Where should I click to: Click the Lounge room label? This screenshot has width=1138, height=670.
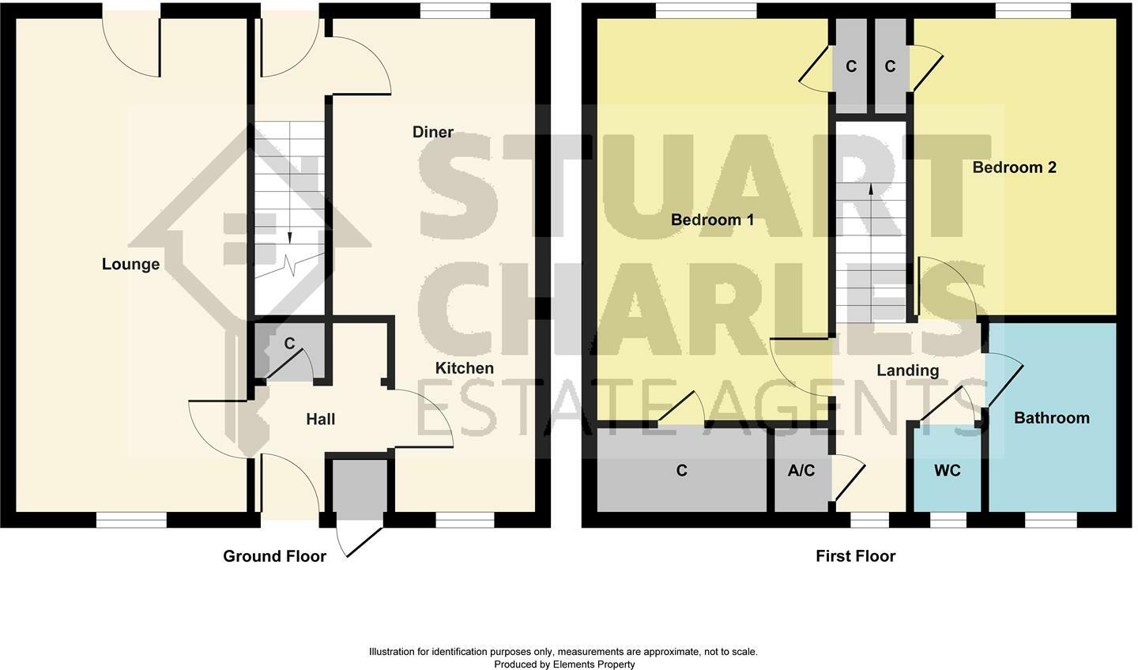[130, 264]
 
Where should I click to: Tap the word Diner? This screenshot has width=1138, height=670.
[433, 132]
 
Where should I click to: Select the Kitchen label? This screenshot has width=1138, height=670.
[465, 368]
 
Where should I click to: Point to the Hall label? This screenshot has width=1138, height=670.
[320, 420]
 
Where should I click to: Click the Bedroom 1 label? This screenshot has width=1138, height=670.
[712, 220]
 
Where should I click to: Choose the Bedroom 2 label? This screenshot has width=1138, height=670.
[1014, 167]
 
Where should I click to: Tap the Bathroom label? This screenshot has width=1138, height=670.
[1051, 418]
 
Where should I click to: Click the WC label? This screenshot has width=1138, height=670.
[947, 471]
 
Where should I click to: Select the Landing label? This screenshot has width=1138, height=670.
[908, 371]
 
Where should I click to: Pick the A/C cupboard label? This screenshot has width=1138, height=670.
[801, 471]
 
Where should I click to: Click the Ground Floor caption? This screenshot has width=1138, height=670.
[274, 556]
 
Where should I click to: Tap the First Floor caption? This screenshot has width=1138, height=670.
[855, 556]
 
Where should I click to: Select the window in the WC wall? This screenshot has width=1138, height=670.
[948, 519]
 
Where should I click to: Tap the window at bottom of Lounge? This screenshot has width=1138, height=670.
[131, 519]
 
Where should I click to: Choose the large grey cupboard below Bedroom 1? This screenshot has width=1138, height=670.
[681, 471]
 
